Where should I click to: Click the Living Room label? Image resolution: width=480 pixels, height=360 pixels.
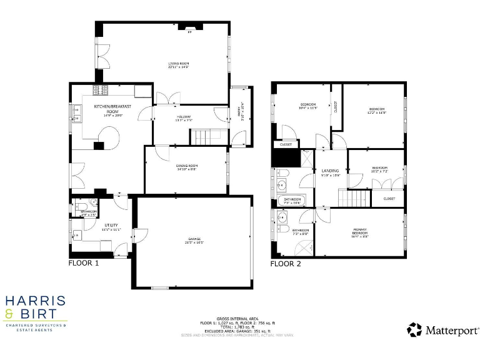[x=178, y=64]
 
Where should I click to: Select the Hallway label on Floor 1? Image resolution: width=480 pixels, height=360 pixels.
[x=184, y=117]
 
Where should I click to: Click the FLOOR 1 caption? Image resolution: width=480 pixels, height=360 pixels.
[x=84, y=263]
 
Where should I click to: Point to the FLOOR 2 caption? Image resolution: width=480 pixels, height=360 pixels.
[x=286, y=264]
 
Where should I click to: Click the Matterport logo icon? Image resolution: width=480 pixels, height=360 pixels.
[x=414, y=329]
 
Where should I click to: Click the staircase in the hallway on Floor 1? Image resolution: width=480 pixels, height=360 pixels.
[x=202, y=137]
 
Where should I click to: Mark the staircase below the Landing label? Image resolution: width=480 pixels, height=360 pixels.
[x=354, y=199]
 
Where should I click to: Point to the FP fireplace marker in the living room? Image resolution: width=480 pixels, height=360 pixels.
[x=190, y=32]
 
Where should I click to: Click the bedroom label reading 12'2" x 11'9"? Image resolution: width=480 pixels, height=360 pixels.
[x=377, y=110]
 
